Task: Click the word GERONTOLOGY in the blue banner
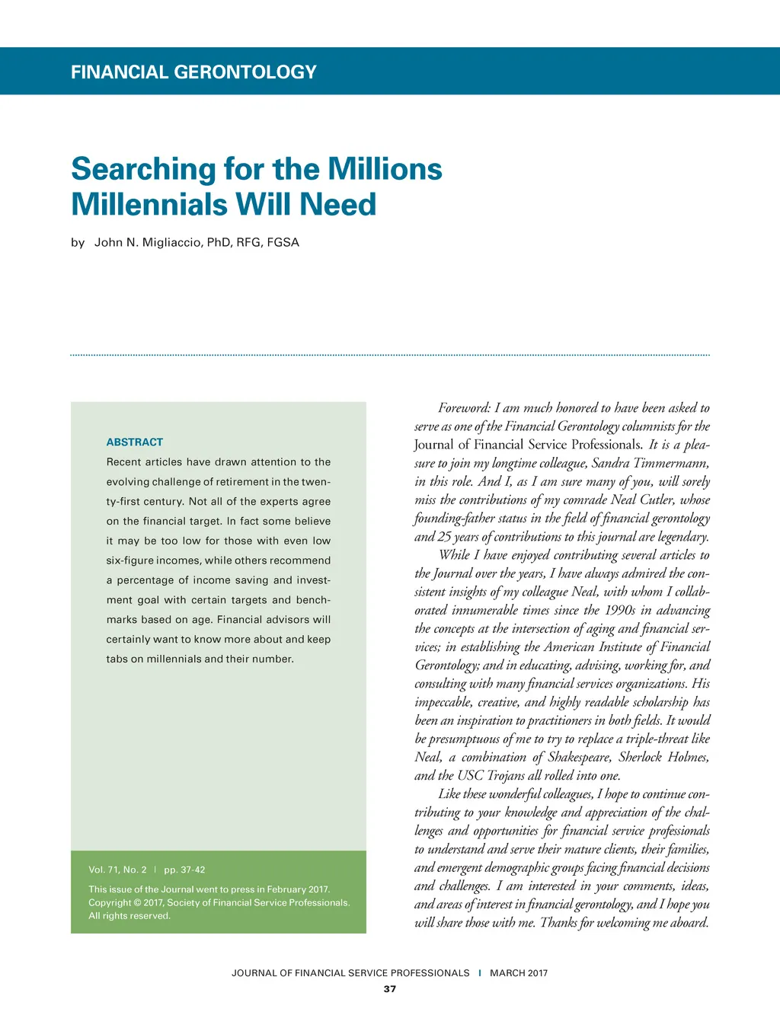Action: pyautogui.click(x=245, y=72)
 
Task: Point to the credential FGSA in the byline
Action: pyautogui.click(x=283, y=242)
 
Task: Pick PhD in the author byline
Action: pyautogui.click(x=219, y=242)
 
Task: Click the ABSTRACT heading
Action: pyautogui.click(x=135, y=442)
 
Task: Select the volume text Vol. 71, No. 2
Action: pyautogui.click(x=117, y=870)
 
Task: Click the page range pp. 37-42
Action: pyautogui.click(x=184, y=870)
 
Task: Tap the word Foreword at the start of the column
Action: pyautogui.click(x=464, y=408)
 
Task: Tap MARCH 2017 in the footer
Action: pyautogui.click(x=519, y=973)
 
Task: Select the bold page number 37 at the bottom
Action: pyautogui.click(x=390, y=989)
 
